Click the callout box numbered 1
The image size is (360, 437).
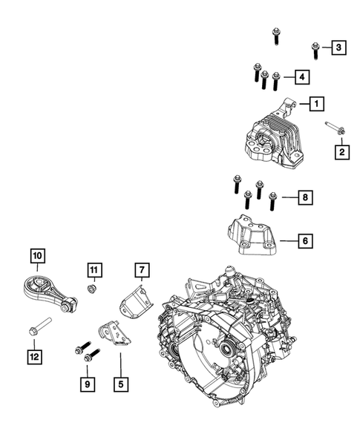point(316,104)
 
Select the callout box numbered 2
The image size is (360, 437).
point(342,152)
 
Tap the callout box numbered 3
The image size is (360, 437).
point(338,47)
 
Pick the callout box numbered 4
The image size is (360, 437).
point(302,76)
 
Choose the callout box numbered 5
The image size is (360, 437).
point(121,384)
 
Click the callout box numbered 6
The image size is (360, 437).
point(305,241)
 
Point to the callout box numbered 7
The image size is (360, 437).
point(142,270)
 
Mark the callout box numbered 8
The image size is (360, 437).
point(305,197)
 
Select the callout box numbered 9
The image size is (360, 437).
point(88,384)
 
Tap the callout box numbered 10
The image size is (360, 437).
point(38,255)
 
